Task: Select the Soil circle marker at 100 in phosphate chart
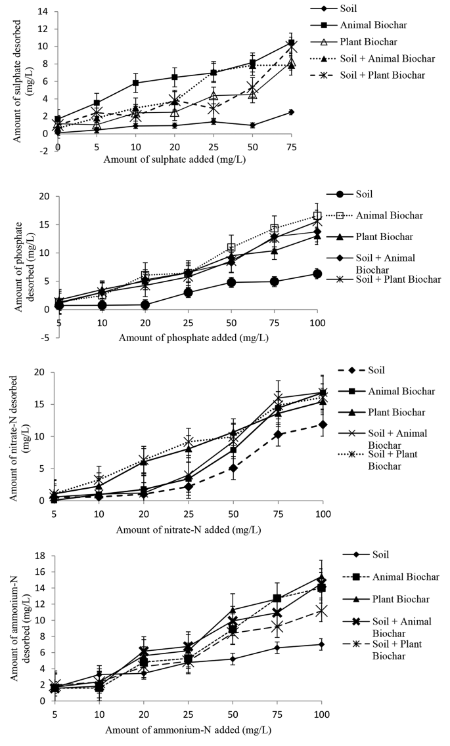(317, 274)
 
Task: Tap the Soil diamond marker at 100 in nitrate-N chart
(322, 425)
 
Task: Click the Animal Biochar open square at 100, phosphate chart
(317, 216)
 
